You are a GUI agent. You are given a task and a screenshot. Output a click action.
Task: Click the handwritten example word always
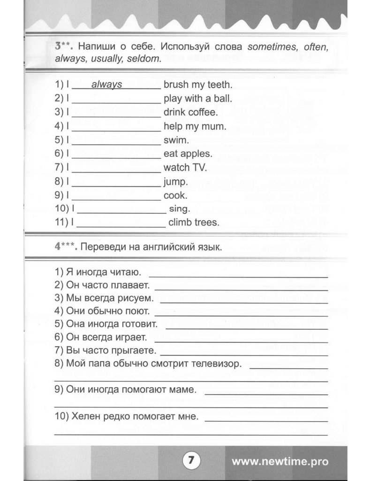[106, 85]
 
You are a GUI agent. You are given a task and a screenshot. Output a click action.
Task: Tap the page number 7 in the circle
[190, 459]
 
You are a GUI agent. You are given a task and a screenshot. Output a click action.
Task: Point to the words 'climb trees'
[193, 222]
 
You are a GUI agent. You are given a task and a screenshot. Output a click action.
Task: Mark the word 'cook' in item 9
[175, 195]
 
